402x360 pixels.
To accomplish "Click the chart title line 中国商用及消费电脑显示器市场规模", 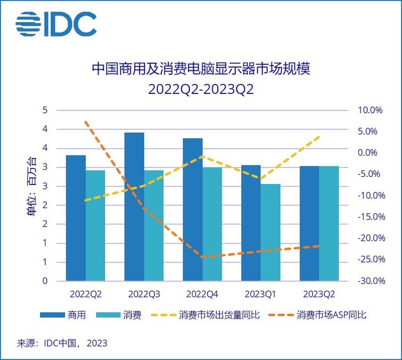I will coord(200,69).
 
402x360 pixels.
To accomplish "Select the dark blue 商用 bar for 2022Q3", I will coord(134,206).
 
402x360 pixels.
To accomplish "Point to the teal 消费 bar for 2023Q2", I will coord(329,223).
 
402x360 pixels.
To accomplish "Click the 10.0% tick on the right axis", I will coord(371,110).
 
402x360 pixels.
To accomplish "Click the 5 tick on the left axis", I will coord(45,110).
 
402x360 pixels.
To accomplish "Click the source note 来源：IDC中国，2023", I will coord(62,344).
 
